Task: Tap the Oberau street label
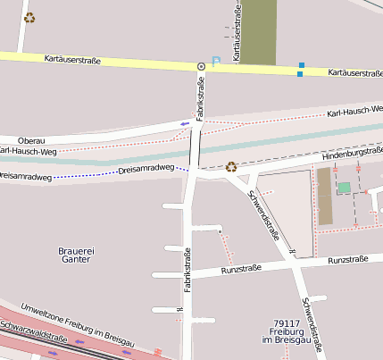pyautogui.click(x=31, y=140)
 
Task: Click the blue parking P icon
pyautogui.click(x=214, y=63)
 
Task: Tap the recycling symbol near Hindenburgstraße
pyautogui.click(x=231, y=166)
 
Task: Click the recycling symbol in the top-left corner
pyautogui.click(x=29, y=17)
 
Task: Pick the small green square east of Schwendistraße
pyautogui.click(x=344, y=188)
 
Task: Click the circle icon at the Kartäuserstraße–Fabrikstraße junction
pyautogui.click(x=201, y=66)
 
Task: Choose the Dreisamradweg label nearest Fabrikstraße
pyautogui.click(x=146, y=168)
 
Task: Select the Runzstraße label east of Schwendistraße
pyautogui.click(x=348, y=260)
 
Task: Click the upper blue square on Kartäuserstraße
pyautogui.click(x=302, y=64)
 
